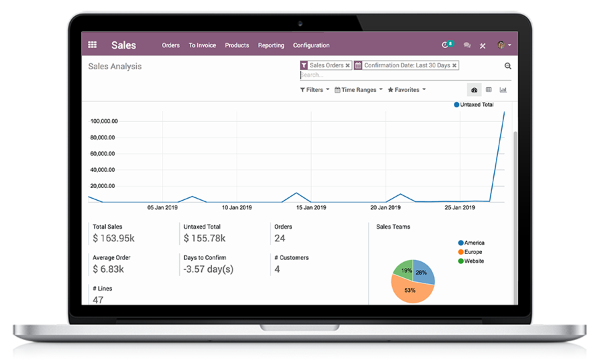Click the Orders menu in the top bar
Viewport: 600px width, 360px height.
tap(171, 45)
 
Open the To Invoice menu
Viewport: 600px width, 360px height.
tap(202, 45)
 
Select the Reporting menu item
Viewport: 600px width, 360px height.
tap(271, 45)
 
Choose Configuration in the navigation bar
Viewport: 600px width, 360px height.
tap(311, 45)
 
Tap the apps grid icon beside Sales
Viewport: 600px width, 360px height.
tap(93, 45)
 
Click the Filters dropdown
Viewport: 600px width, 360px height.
tap(315, 90)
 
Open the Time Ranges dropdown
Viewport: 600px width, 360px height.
tap(359, 90)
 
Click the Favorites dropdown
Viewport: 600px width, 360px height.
tap(407, 90)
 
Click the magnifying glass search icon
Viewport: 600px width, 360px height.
tap(508, 66)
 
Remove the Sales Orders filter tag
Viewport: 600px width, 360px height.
tap(348, 65)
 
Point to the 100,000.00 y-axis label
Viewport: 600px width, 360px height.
tap(104, 121)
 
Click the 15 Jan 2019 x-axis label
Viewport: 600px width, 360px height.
tap(311, 207)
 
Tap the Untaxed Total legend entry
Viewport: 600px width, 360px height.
tap(475, 105)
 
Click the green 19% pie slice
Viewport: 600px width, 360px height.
tap(404, 269)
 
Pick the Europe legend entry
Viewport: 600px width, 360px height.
tap(473, 252)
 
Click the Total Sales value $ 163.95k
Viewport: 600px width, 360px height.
tap(113, 238)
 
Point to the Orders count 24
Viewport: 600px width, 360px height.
tap(280, 238)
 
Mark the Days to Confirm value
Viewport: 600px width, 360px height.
tap(208, 269)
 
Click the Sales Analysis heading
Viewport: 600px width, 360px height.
tap(115, 67)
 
